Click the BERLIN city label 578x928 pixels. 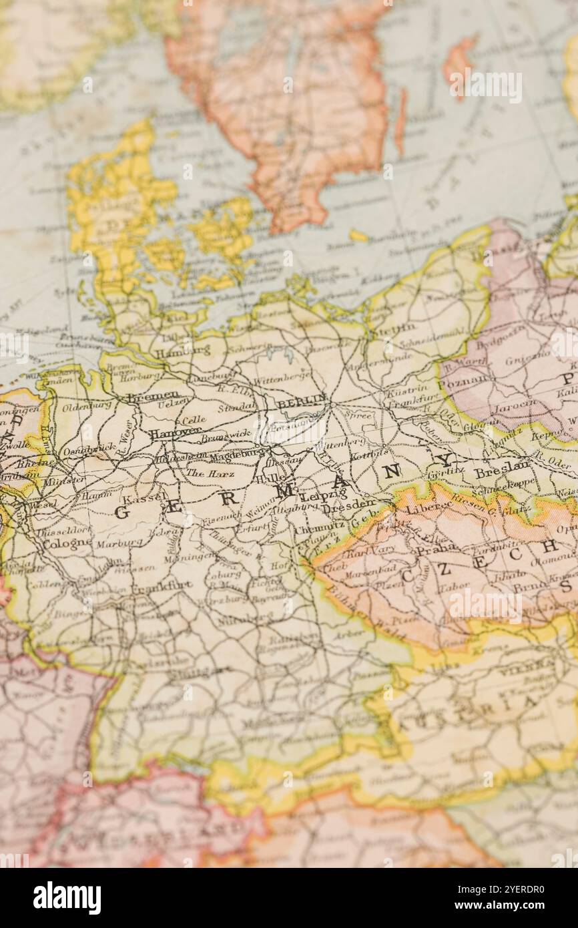coord(302,403)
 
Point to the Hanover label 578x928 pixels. coord(174,433)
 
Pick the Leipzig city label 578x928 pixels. coord(323,495)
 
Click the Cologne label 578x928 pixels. coord(67,542)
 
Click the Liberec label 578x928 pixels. coord(426,508)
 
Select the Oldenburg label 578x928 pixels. coord(87,405)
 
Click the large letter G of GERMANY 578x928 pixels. coord(121,513)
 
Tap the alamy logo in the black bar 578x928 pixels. coord(67,897)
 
